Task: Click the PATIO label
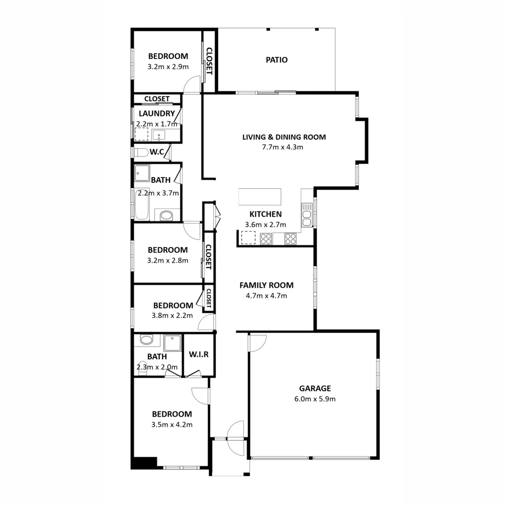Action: pos(276,60)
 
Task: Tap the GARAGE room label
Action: pos(315,388)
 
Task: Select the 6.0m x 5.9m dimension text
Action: pos(315,399)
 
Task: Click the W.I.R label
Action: pos(199,354)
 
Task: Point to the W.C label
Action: pos(156,152)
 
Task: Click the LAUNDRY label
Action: pos(156,113)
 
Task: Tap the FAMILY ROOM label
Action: pos(266,285)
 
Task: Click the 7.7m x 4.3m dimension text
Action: pos(283,147)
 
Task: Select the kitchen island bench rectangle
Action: pos(260,196)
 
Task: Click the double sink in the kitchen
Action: pos(307,216)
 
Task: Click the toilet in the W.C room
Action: pos(140,152)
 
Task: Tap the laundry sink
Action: pos(160,135)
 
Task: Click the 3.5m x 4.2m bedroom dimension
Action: pos(172,425)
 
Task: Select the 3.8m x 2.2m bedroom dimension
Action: pos(172,316)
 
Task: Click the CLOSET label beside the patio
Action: pos(209,61)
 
